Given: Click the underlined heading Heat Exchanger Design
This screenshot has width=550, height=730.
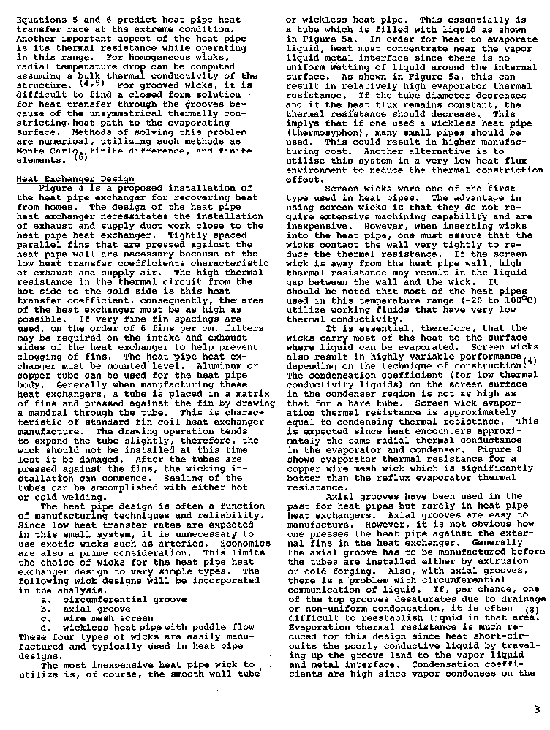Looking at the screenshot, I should pos(75,179).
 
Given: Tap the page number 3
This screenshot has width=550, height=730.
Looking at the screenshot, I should pos(536,708).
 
